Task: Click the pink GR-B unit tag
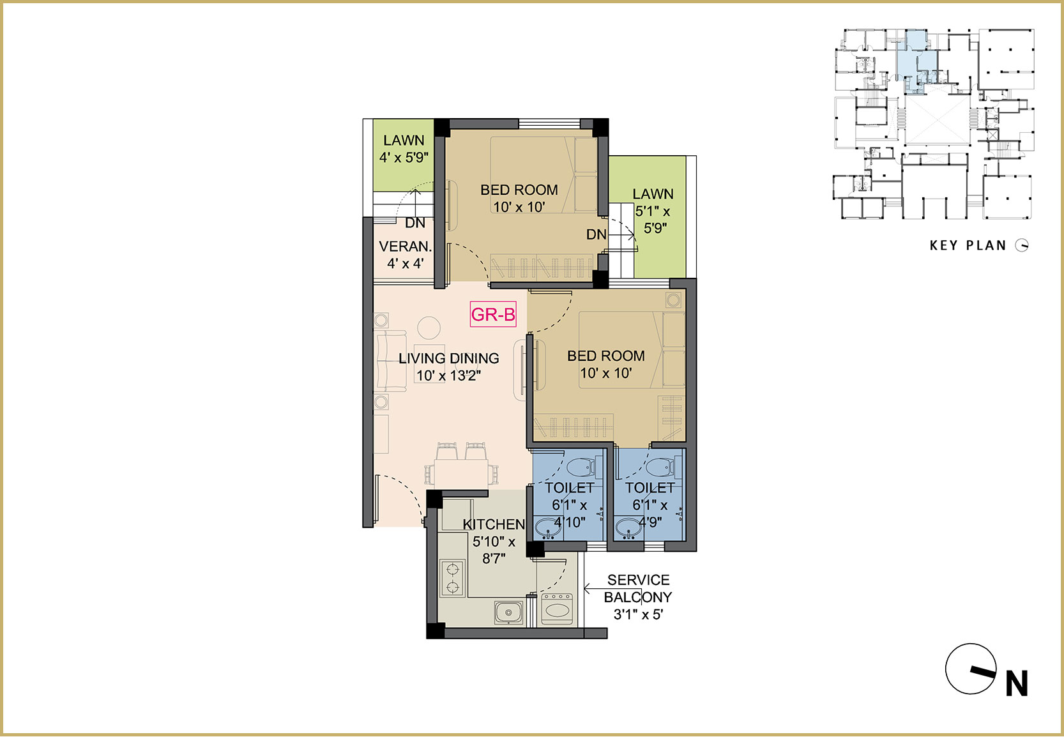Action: (x=492, y=314)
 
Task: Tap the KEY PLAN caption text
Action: (x=968, y=245)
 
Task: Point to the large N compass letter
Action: (x=1017, y=683)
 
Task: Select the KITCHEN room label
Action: (x=494, y=524)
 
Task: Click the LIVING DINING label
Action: (x=449, y=358)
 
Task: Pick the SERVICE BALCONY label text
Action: (x=638, y=588)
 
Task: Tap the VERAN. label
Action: (x=405, y=247)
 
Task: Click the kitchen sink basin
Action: (x=508, y=612)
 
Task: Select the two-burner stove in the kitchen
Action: (x=453, y=578)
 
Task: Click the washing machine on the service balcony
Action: (x=557, y=609)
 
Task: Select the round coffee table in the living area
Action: (x=429, y=328)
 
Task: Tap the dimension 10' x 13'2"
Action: (x=449, y=376)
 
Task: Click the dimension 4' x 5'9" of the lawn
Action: (x=404, y=157)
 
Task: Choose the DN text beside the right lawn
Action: (x=596, y=234)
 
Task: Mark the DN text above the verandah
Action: (x=415, y=223)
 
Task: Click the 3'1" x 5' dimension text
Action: (x=638, y=614)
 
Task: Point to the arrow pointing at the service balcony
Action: (x=594, y=589)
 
